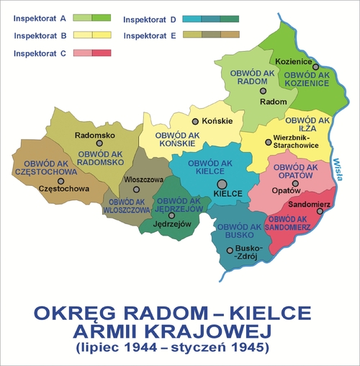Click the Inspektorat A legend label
pyautogui.click(x=40, y=17)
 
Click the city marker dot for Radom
pyautogui.click(x=264, y=91)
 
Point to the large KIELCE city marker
pyautogui.click(x=220, y=184)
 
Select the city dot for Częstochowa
pyautogui.click(x=61, y=181)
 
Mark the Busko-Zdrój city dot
pyautogui.click(x=230, y=251)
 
